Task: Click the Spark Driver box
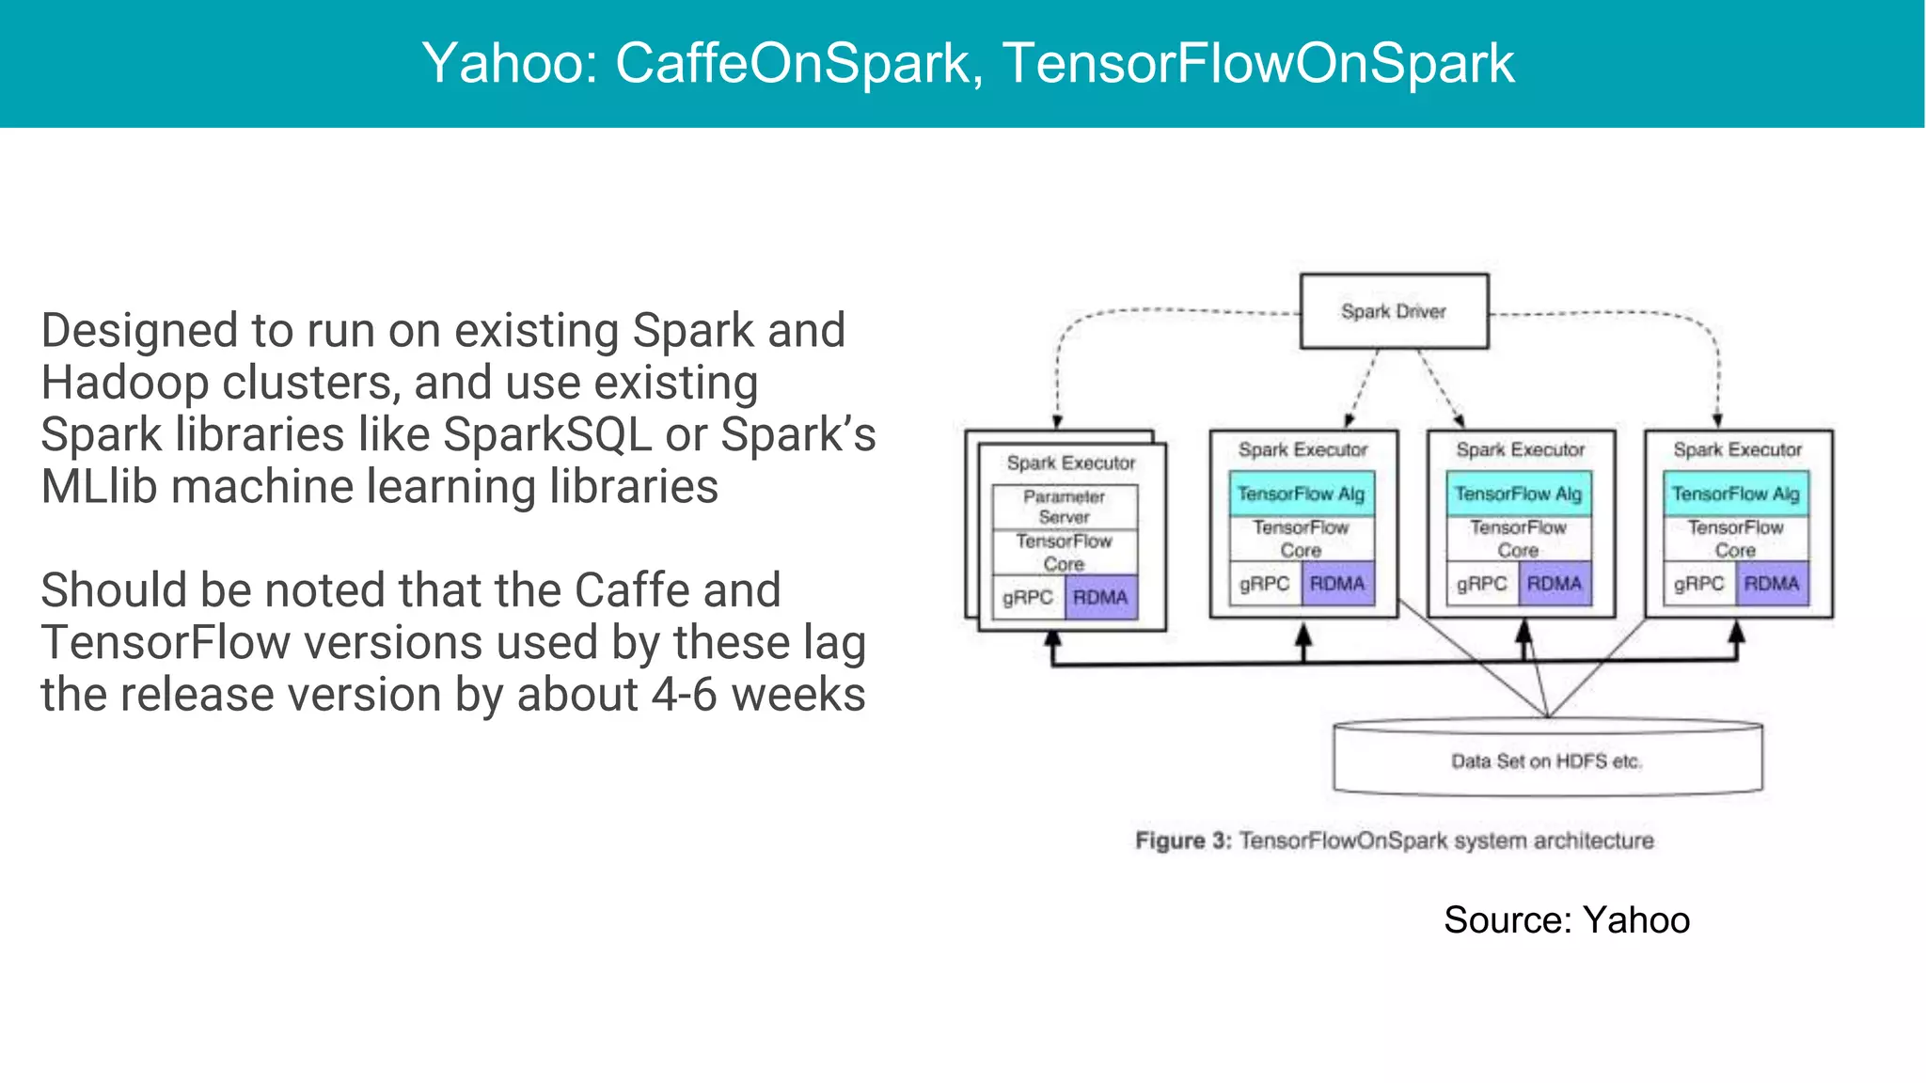pyautogui.click(x=1394, y=311)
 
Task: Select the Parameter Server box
pyautogui.click(x=1065, y=507)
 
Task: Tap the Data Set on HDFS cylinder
pyautogui.click(x=1547, y=761)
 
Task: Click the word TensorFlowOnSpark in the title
pyautogui.click(x=1257, y=63)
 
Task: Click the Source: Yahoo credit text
pyautogui.click(x=1566, y=919)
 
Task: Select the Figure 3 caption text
pyautogui.click(x=1394, y=840)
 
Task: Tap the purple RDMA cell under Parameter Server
pyautogui.click(x=1100, y=598)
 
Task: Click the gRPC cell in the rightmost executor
pyautogui.click(x=1698, y=584)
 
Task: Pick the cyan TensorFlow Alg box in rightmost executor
pyautogui.click(x=1735, y=494)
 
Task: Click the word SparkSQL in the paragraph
pyautogui.click(x=546, y=435)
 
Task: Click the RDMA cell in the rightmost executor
pyautogui.click(x=1772, y=584)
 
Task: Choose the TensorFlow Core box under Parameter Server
pyautogui.click(x=1065, y=553)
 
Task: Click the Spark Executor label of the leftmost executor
pyautogui.click(x=1071, y=463)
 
